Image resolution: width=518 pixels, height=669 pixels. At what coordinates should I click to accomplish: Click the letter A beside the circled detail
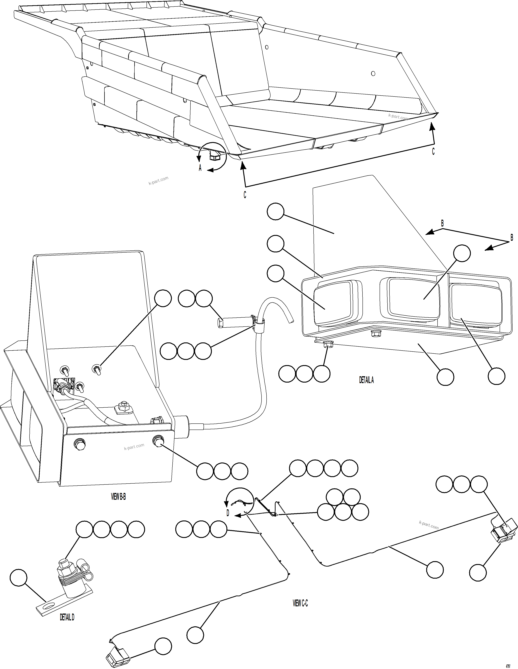[x=200, y=168]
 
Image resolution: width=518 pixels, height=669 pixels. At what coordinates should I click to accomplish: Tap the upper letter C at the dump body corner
[x=433, y=151]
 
